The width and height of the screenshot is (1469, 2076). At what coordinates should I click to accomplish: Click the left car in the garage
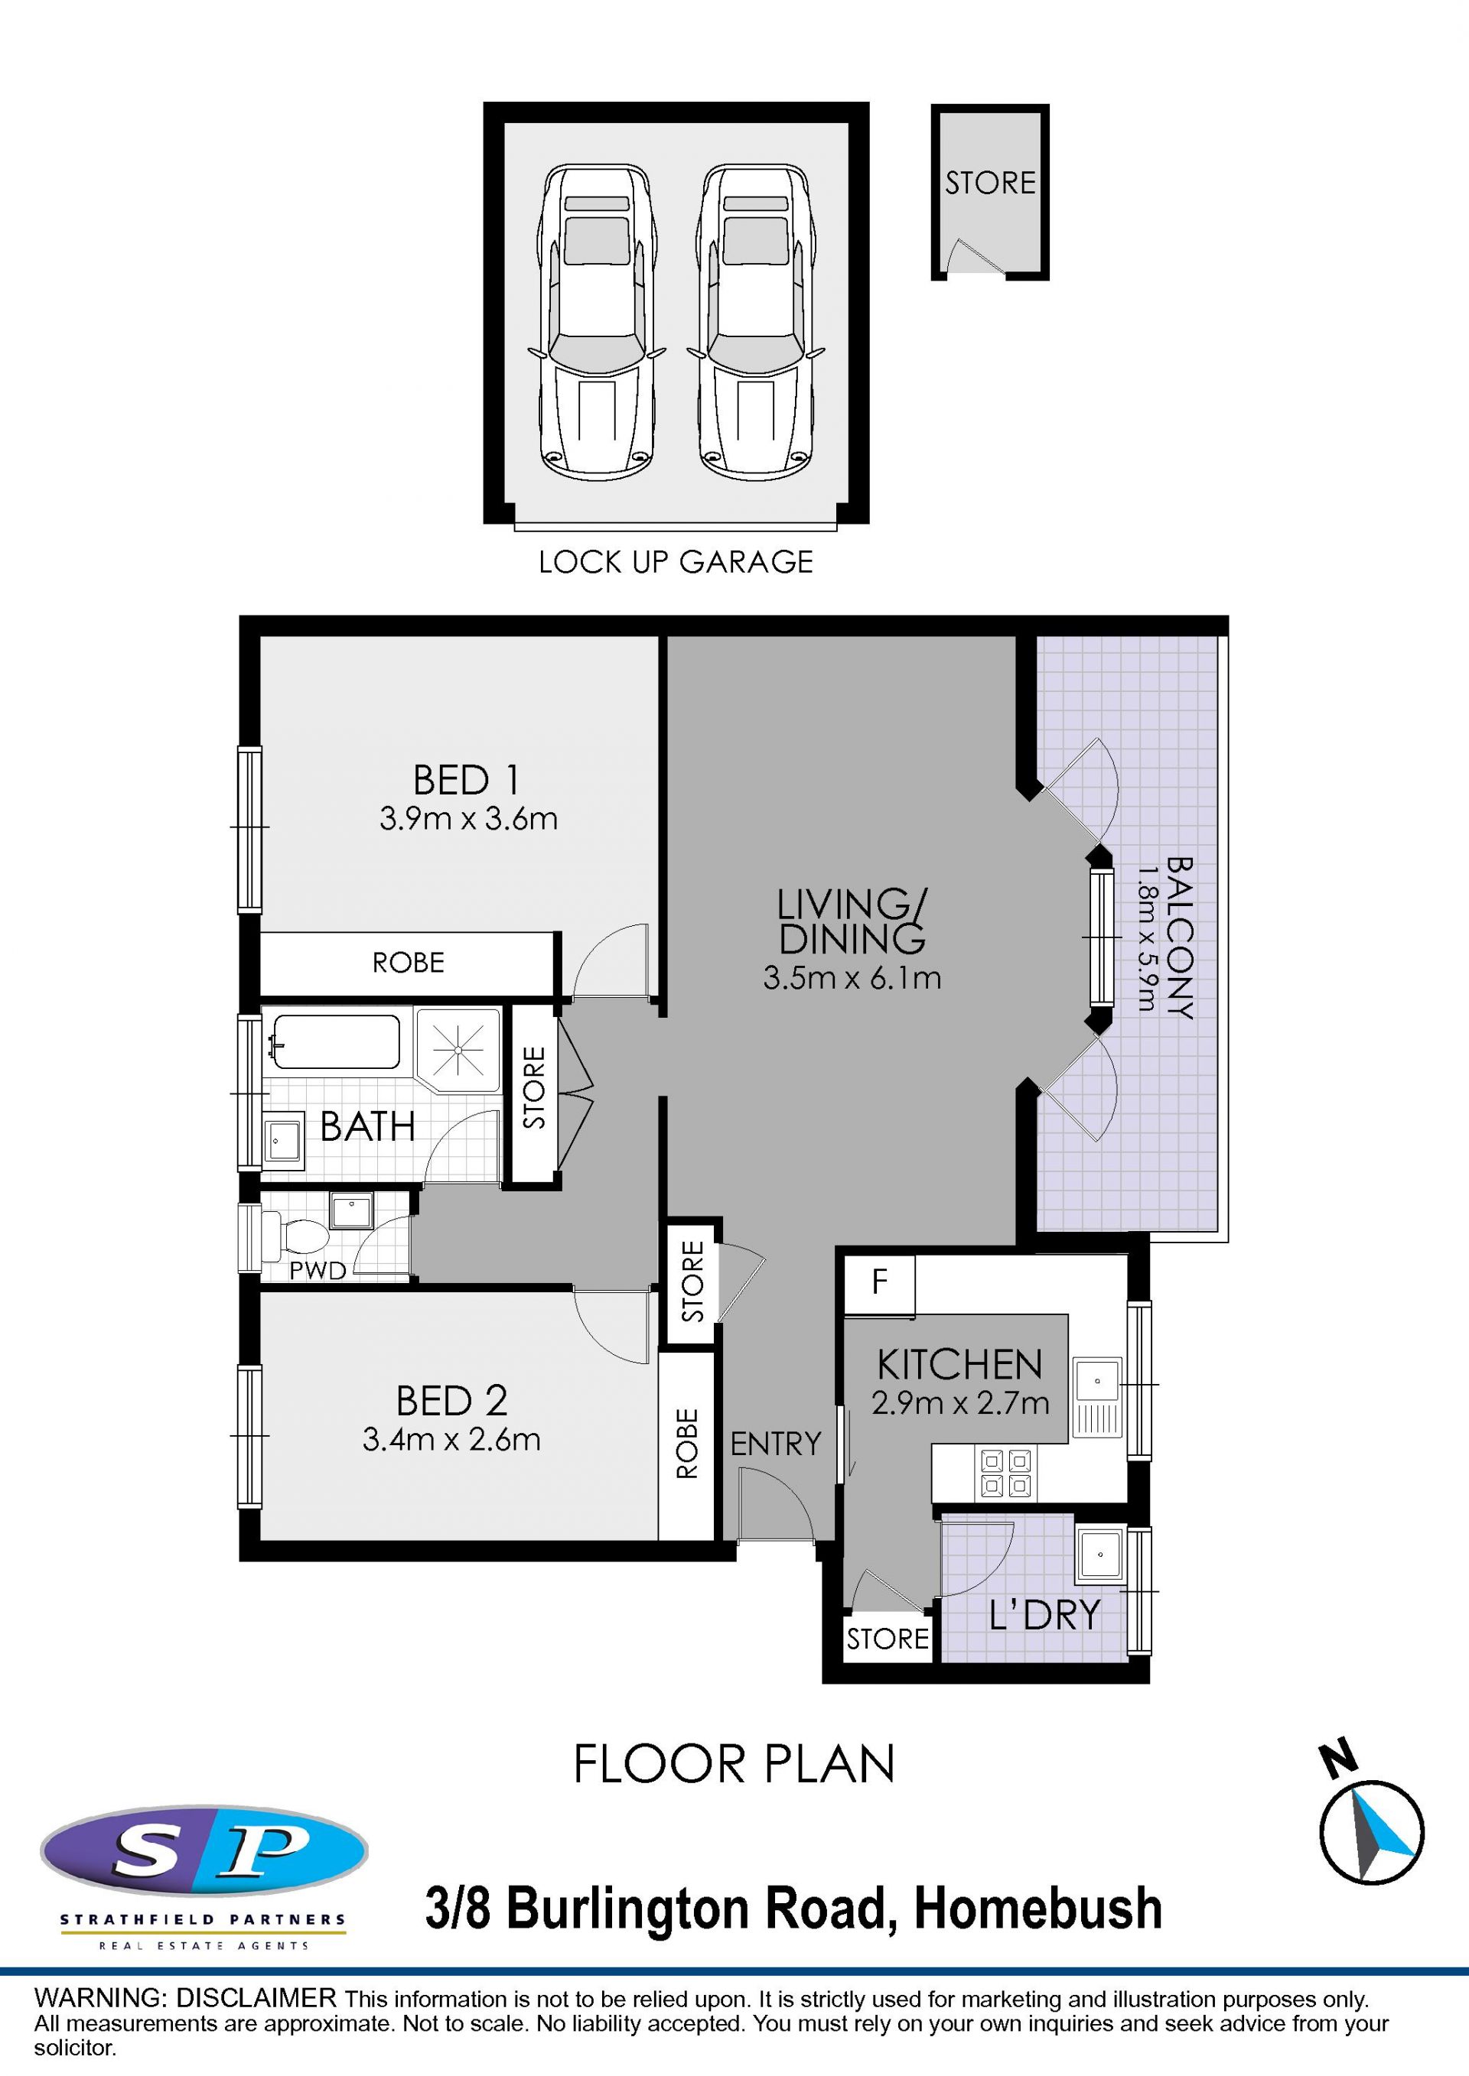[596, 322]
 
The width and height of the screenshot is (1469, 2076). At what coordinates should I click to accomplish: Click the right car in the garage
[755, 322]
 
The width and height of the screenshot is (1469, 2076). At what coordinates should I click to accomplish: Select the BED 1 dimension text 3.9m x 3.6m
[468, 818]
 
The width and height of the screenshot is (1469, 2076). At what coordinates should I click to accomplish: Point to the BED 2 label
[451, 1401]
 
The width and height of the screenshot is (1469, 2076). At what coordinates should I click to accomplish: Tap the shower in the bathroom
[458, 1050]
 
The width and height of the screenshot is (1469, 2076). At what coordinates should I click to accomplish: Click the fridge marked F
[879, 1284]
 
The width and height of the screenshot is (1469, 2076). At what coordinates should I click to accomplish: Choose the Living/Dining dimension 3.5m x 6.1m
[852, 977]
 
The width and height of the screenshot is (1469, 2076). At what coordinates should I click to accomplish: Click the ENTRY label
[775, 1444]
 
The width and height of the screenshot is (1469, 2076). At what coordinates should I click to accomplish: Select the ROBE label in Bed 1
[408, 962]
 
